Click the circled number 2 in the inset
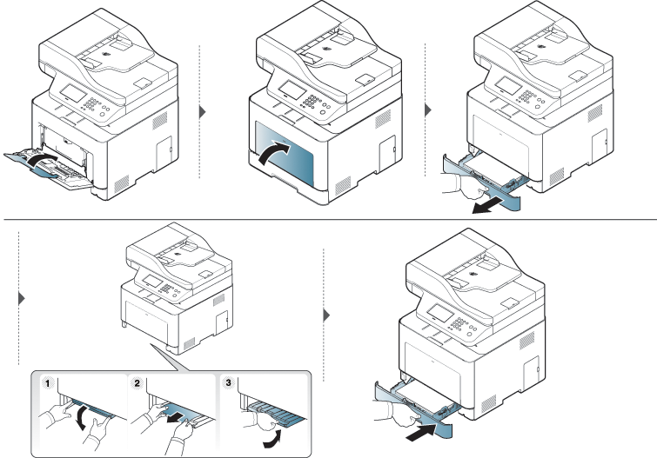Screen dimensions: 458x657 (x=136, y=382)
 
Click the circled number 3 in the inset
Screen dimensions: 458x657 (x=229, y=382)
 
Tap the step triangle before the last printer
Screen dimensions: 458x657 (x=327, y=315)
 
